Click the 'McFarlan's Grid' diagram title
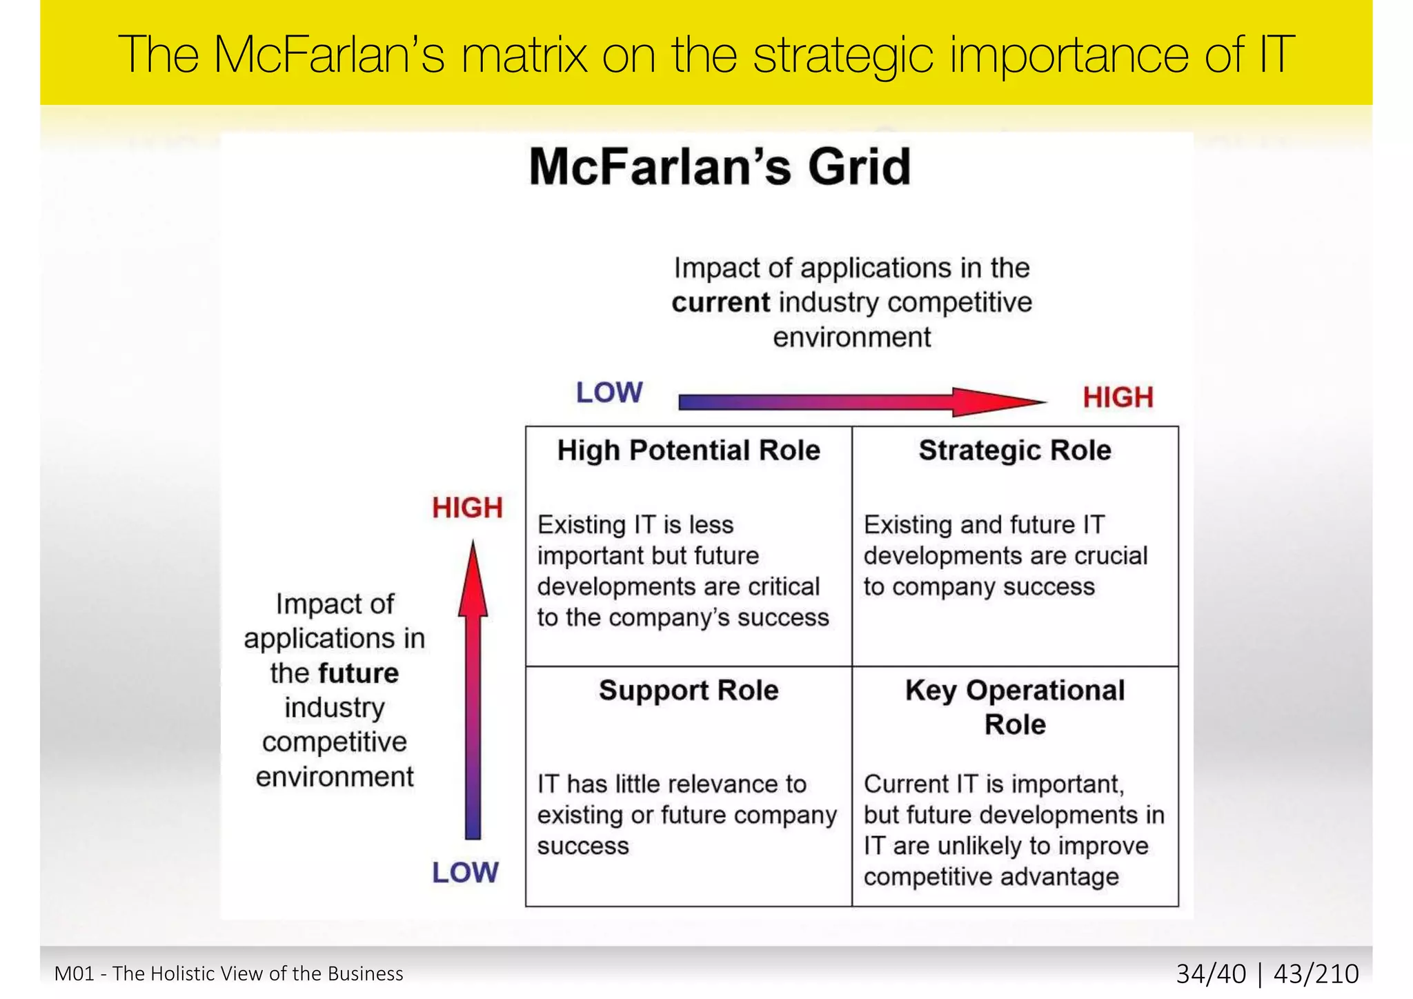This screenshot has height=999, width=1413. [x=720, y=168]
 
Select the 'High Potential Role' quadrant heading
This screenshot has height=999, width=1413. [x=689, y=451]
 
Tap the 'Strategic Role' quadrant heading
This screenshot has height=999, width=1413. [x=1015, y=451]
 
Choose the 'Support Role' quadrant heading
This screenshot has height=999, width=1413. [x=689, y=691]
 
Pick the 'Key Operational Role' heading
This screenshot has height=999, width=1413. [x=1015, y=707]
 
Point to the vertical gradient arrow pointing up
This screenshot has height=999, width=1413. [x=473, y=690]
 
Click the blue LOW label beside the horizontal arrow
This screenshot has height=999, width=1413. [x=609, y=393]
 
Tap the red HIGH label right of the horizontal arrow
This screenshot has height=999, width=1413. [x=1118, y=397]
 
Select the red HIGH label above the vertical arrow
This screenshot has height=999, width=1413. [x=467, y=508]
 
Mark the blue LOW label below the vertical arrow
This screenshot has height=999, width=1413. [x=465, y=873]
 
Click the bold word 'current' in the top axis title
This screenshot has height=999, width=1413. [x=720, y=303]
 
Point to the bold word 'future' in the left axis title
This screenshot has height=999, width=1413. [x=359, y=673]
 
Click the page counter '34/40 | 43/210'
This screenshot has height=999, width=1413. [x=1267, y=973]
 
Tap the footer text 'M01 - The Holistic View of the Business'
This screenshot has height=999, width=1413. [x=228, y=973]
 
